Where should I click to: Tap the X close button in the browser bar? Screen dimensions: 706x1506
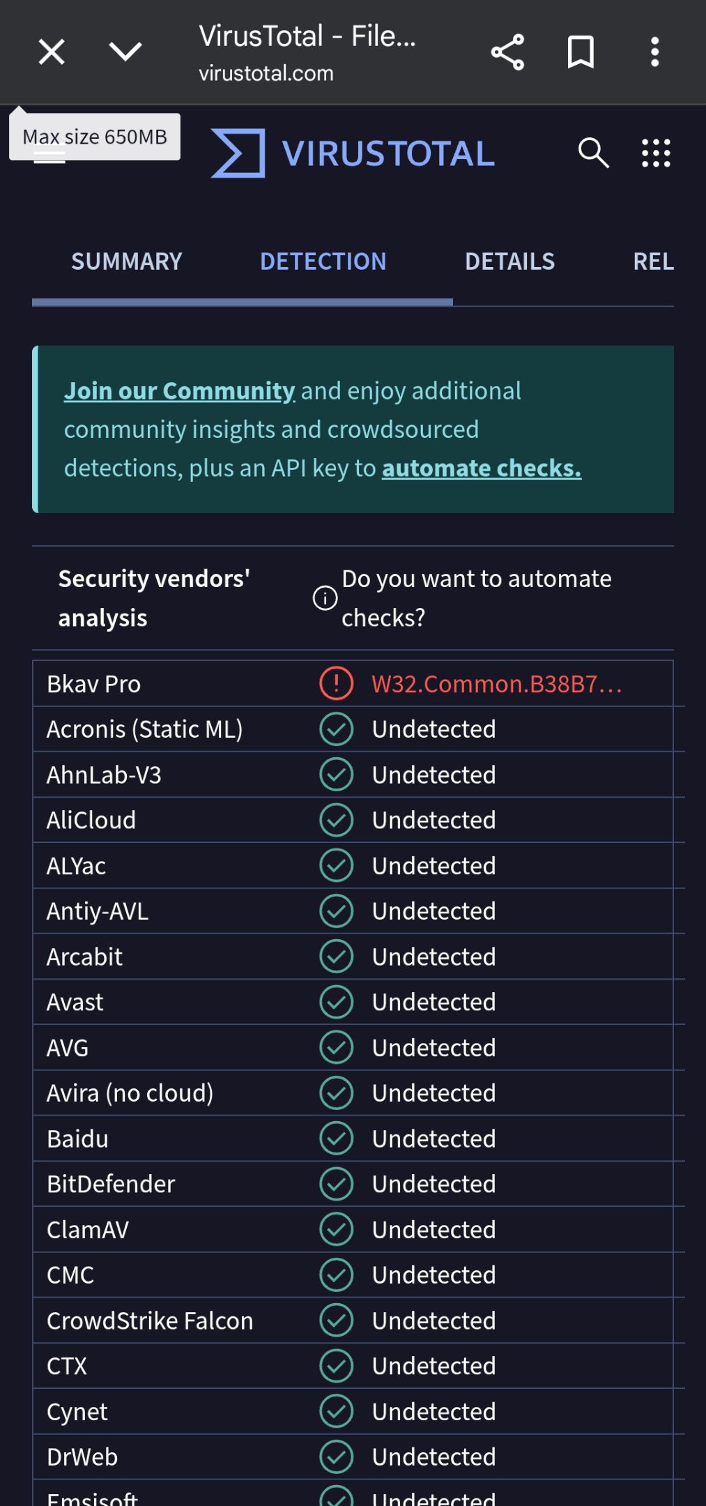pyautogui.click(x=52, y=52)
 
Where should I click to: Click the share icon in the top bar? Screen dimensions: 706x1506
pyautogui.click(x=507, y=52)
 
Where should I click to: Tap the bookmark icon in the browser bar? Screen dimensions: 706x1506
pyautogui.click(x=581, y=52)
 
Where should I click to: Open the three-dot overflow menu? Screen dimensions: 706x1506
pyautogui.click(x=654, y=52)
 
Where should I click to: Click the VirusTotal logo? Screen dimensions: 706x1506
pyautogui.click(x=353, y=153)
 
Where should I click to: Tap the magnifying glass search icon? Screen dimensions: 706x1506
pyautogui.click(x=594, y=153)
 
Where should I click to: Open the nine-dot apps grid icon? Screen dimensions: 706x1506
pyautogui.click(x=656, y=153)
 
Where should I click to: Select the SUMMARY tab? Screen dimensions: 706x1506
pyautogui.click(x=127, y=261)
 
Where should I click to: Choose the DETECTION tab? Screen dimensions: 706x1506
pyautogui.click(x=323, y=261)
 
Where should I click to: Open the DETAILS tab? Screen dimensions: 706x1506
pyautogui.click(x=509, y=261)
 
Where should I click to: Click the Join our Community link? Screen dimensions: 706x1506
pyautogui.click(x=180, y=391)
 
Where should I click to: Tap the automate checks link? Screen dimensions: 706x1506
pyautogui.click(x=482, y=468)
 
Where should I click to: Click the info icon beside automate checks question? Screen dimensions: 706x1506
pyautogui.click(x=325, y=598)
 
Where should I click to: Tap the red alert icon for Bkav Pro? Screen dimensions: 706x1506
pyautogui.click(x=336, y=683)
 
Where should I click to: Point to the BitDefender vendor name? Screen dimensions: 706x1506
pyautogui.click(x=111, y=1184)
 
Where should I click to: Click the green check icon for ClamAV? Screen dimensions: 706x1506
pyautogui.click(x=336, y=1229)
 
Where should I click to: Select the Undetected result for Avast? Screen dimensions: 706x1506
pyautogui.click(x=433, y=1002)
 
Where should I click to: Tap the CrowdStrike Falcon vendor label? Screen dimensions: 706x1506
pyautogui.click(x=150, y=1321)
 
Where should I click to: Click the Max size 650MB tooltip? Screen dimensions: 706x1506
pyautogui.click(x=95, y=137)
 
